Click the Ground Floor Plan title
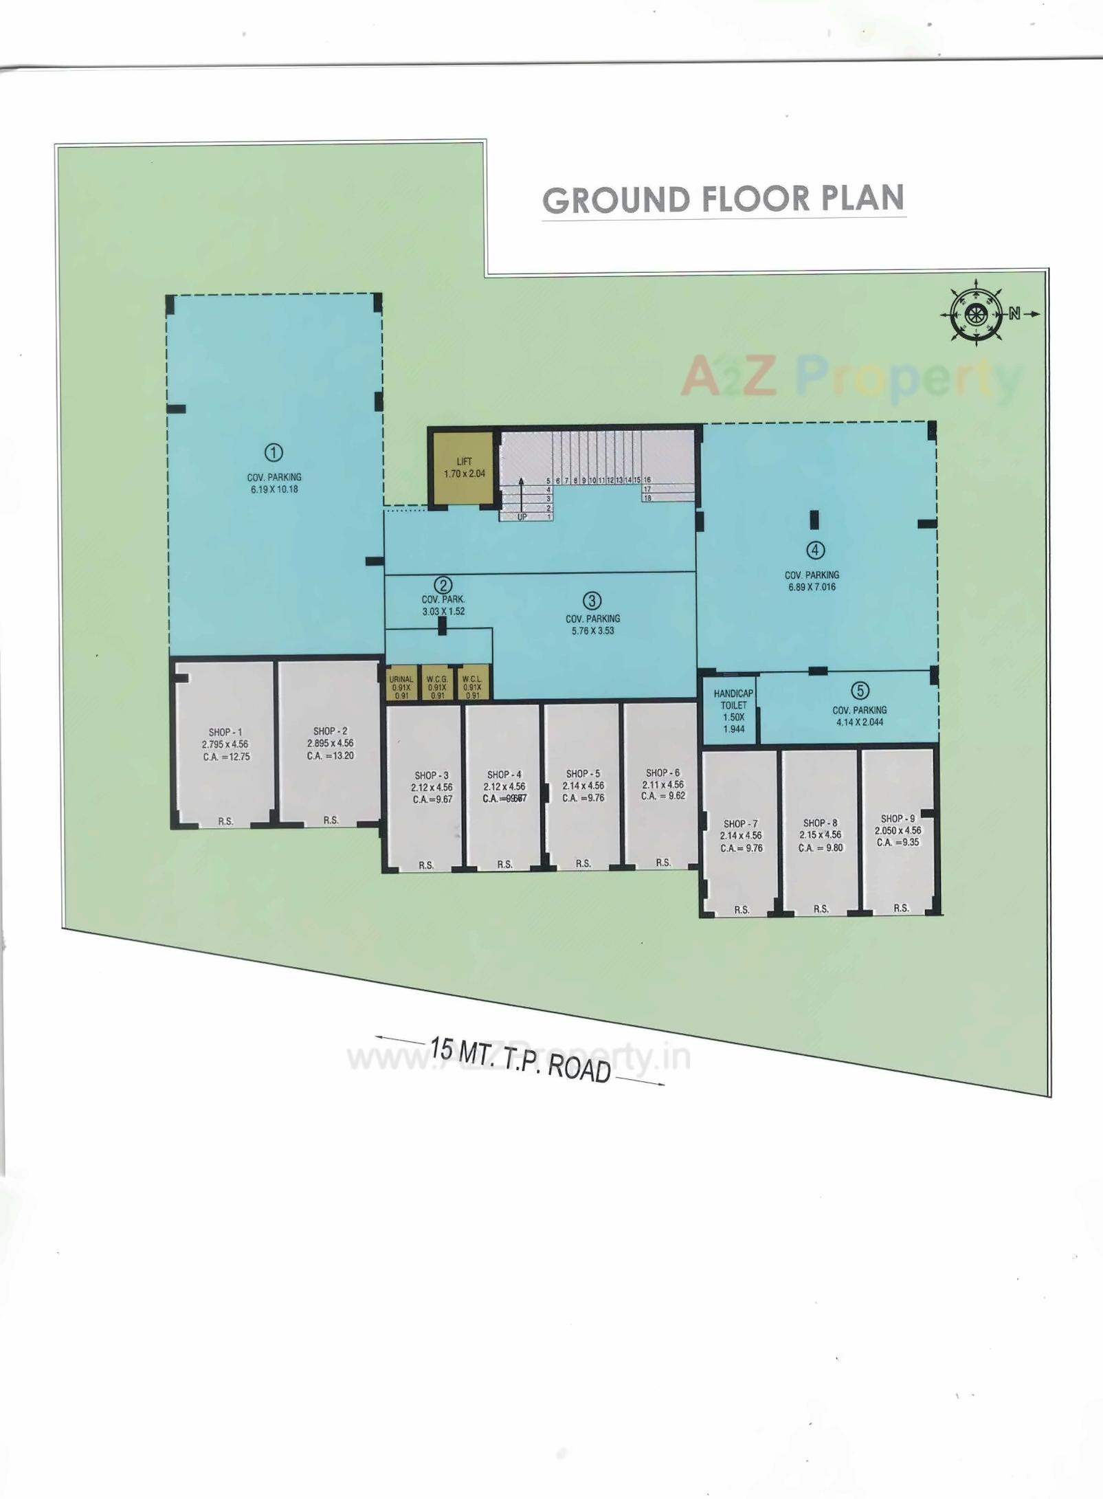[723, 199]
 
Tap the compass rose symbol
[974, 315]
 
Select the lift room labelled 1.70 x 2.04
[464, 468]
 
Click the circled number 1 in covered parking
[274, 452]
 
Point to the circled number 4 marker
[815, 550]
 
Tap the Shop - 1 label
[225, 733]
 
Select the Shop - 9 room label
[898, 819]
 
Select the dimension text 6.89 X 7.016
[812, 587]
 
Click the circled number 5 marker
[860, 691]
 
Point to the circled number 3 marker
[592, 601]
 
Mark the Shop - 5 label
[583, 774]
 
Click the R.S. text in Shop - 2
[331, 820]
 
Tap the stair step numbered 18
[647, 498]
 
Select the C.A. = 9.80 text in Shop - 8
[820, 848]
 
